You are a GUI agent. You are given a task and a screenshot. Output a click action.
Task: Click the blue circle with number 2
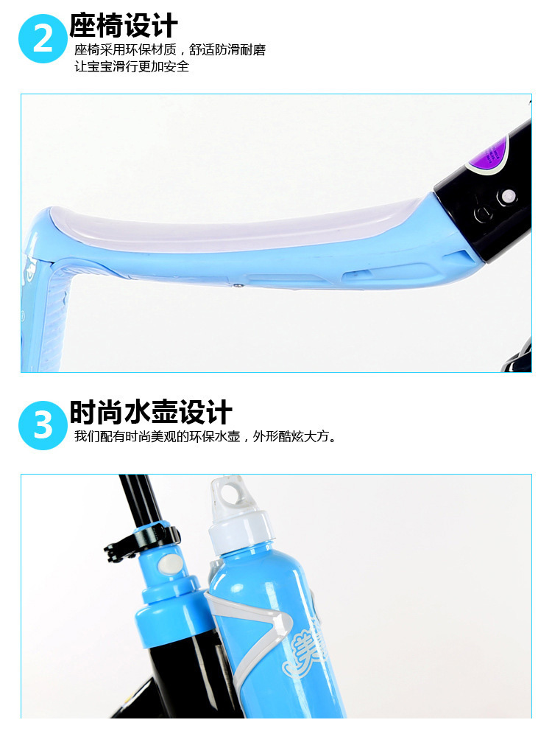pos(43,38)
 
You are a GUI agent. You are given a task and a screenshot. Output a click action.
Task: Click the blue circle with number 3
pos(43,425)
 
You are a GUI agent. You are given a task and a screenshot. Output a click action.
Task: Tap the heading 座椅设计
pos(124,25)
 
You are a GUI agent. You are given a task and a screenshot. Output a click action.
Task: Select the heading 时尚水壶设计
pos(150,412)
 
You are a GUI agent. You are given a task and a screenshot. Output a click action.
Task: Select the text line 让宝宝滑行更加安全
pos(132,66)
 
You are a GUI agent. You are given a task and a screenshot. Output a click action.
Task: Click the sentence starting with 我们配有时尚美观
pos(205,437)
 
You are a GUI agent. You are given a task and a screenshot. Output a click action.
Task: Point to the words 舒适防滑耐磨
pos(227,50)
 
